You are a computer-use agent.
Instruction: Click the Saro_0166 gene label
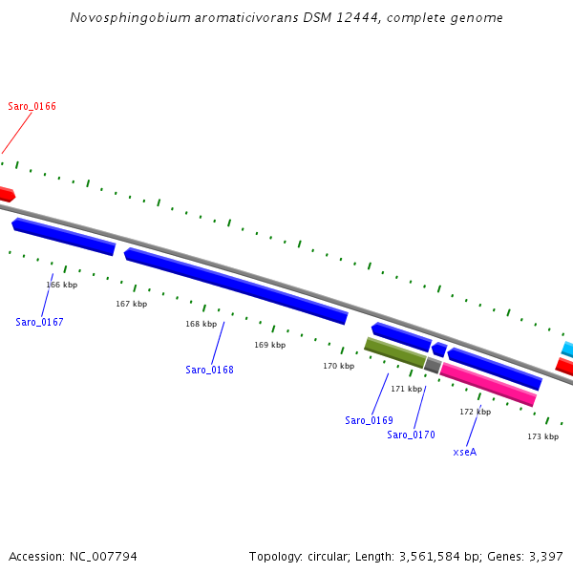32,106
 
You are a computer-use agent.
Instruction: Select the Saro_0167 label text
39,322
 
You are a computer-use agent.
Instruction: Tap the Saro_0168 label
209,370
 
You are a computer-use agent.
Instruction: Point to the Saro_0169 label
369,420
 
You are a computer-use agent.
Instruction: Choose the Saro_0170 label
411,435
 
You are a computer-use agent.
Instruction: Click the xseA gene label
464,452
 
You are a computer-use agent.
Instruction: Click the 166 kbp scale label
62,285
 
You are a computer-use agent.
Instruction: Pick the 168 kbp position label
202,324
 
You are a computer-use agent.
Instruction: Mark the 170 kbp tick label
338,366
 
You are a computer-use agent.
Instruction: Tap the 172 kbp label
475,412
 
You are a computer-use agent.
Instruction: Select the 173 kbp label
542,436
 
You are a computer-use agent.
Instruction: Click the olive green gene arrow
394,352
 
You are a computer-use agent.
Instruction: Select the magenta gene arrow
488,384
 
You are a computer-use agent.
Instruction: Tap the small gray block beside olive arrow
433,365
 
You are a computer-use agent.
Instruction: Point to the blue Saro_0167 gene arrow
64,237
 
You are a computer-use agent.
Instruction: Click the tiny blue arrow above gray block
439,350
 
